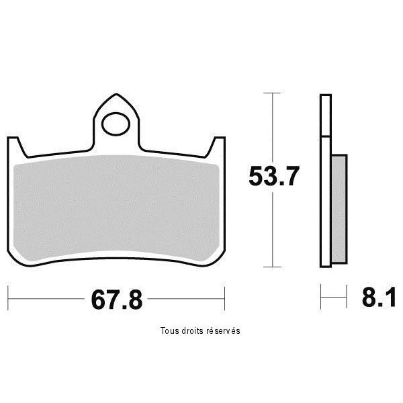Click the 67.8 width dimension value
117,300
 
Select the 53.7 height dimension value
274,176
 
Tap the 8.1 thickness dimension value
379,298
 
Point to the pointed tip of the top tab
116,94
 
